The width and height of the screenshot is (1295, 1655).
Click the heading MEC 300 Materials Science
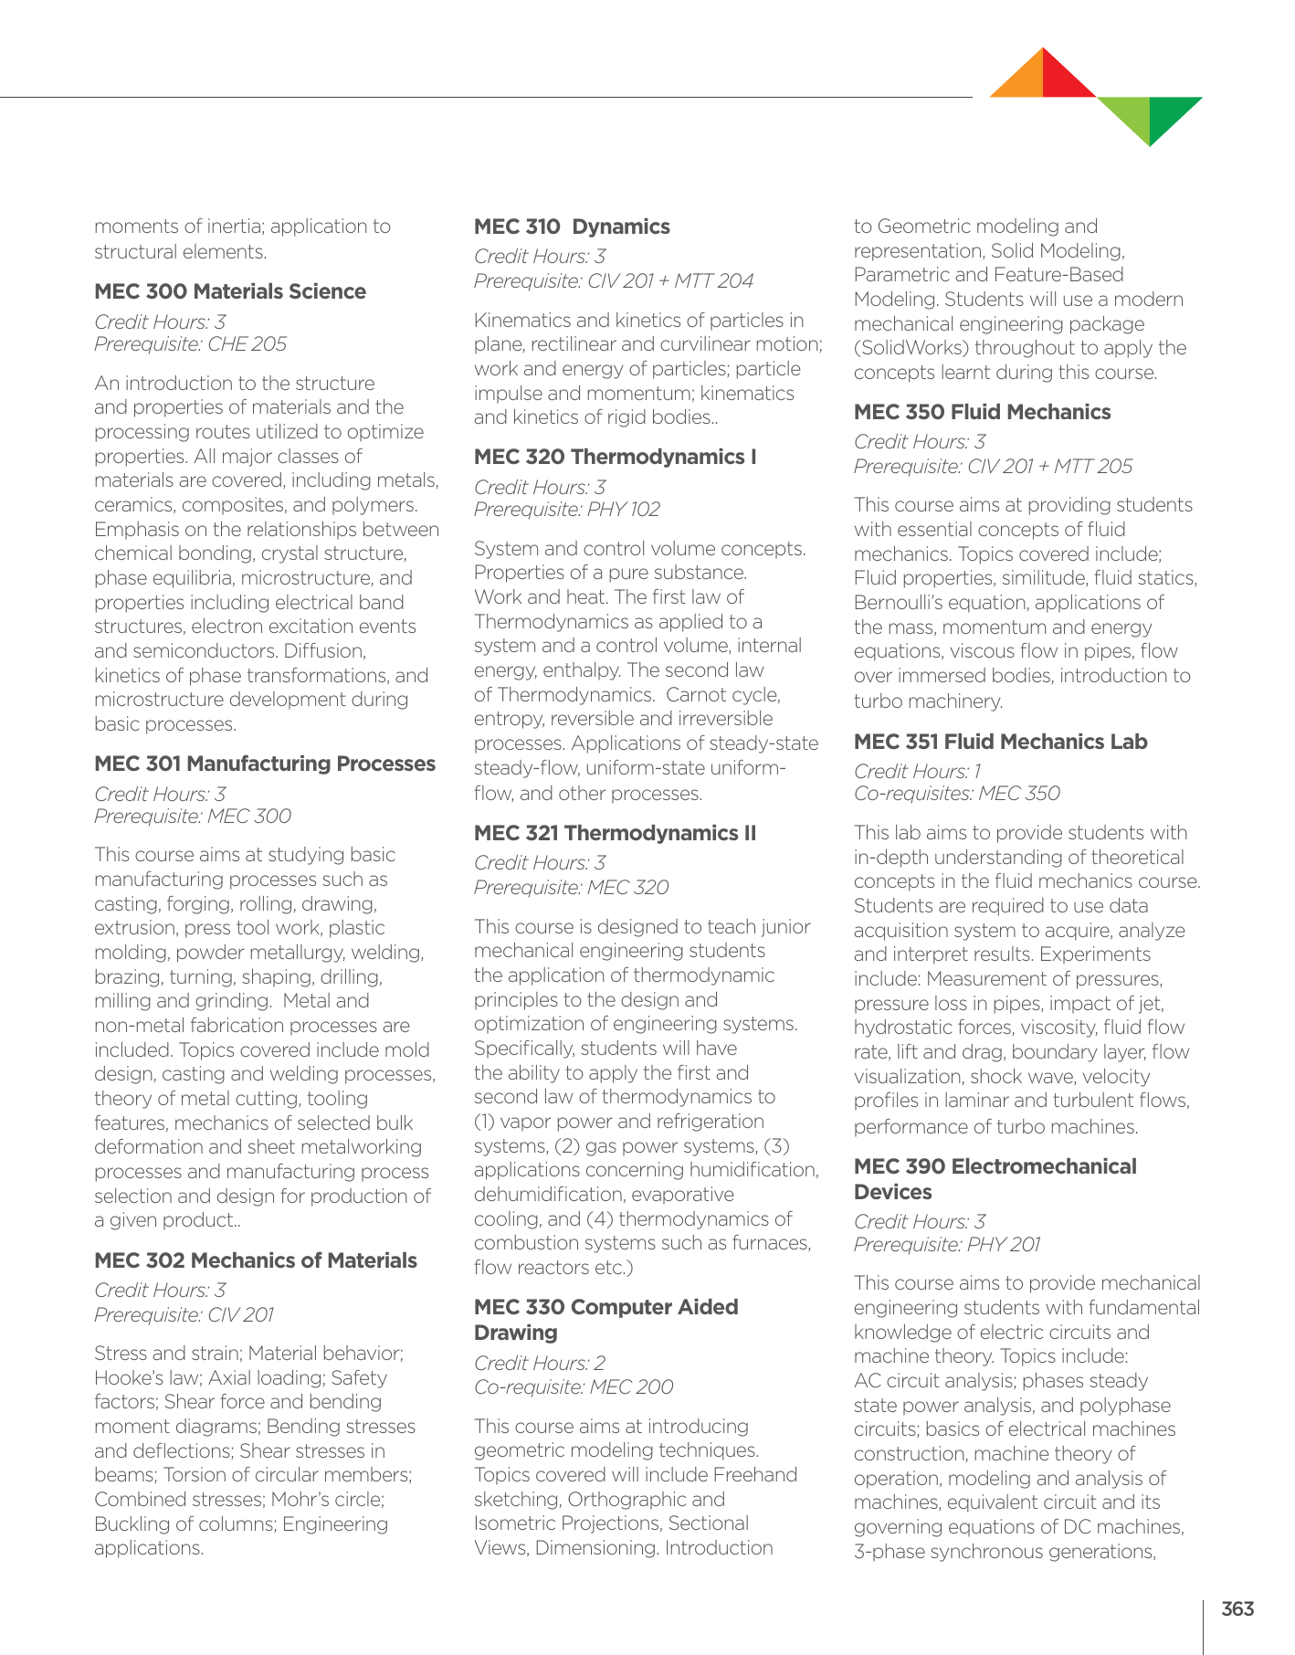[230, 291]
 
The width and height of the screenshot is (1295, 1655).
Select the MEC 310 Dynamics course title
[572, 227]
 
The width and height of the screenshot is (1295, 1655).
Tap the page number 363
[1237, 1609]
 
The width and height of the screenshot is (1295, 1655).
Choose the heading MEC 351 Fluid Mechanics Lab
[1000, 742]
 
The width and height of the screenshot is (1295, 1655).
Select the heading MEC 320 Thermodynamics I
[615, 457]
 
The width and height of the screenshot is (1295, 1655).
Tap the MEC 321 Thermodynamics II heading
[615, 833]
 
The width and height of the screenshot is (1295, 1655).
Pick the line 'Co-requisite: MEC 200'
[574, 1387]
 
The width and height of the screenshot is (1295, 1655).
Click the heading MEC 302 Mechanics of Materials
[256, 1260]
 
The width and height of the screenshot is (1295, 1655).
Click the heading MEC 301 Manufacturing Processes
[265, 764]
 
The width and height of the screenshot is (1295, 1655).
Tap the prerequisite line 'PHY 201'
[946, 1245]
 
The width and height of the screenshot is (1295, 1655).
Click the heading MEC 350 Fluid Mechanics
[982, 412]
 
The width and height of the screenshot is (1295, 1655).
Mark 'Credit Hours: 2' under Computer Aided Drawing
[540, 1363]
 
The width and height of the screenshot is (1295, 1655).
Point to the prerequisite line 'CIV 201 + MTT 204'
[614, 281]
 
